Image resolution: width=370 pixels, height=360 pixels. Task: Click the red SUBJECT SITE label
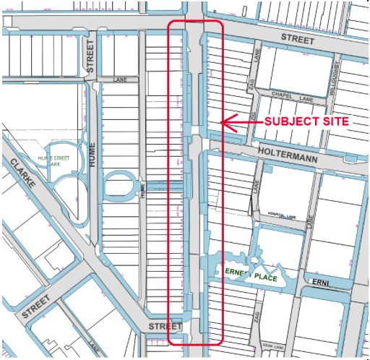(306, 122)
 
